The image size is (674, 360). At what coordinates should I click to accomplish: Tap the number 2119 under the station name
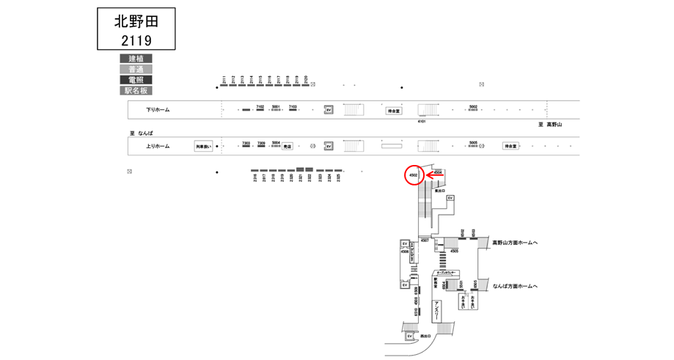tap(136, 40)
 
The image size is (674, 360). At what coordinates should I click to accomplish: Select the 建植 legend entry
tap(136, 59)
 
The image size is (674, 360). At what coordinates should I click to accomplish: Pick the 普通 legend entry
tap(136, 69)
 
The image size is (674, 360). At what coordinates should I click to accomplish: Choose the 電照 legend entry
tap(136, 80)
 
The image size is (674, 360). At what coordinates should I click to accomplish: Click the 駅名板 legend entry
tap(136, 91)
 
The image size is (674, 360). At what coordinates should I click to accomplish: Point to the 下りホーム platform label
tap(158, 110)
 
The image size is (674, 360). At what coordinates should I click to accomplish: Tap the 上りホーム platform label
tap(158, 146)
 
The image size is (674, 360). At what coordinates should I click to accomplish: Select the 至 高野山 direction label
tap(550, 125)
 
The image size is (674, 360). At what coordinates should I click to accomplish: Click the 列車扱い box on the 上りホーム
tap(203, 147)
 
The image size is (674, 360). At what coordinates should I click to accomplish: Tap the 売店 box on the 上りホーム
tap(287, 147)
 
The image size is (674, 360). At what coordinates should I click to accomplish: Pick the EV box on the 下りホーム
tap(329, 110)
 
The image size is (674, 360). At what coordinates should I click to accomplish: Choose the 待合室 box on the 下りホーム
tap(395, 111)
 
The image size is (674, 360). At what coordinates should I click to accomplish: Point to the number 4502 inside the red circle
tap(414, 176)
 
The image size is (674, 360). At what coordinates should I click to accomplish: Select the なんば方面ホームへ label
tap(515, 286)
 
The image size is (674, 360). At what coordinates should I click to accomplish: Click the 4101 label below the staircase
tap(422, 122)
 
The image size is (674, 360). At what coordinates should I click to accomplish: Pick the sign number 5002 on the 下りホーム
tap(473, 107)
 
